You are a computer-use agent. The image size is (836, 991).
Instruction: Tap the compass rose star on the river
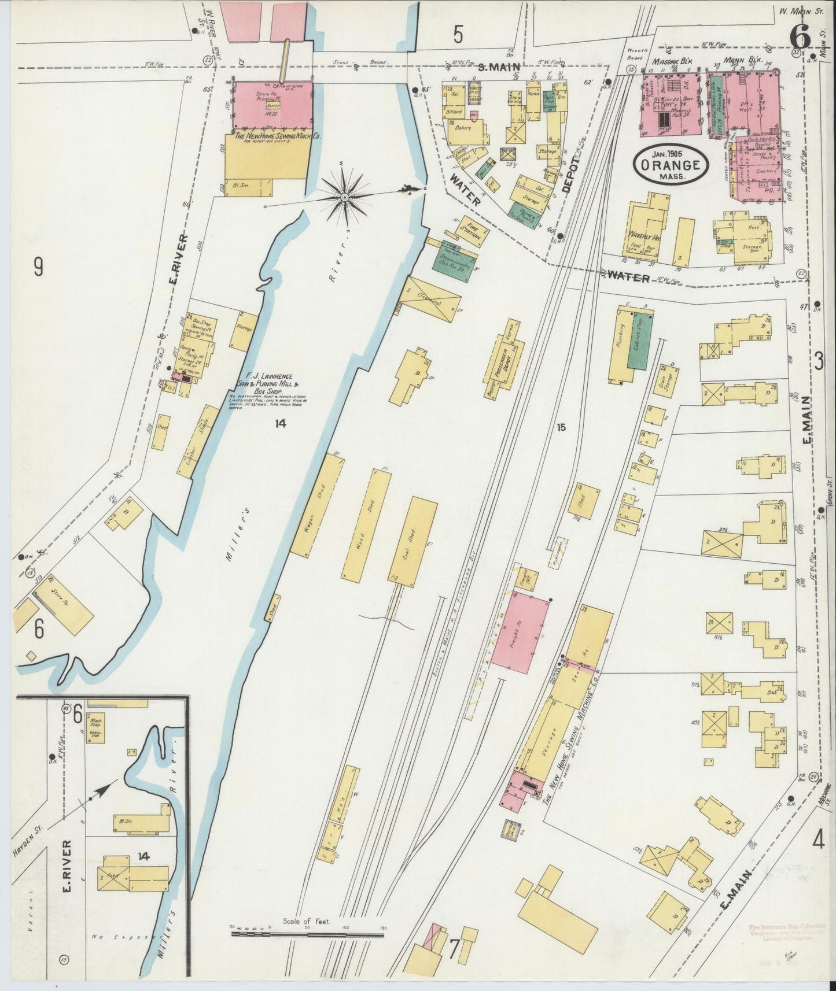pyautogui.click(x=344, y=198)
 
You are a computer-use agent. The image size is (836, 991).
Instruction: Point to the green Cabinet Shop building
pyautogui.click(x=640, y=341)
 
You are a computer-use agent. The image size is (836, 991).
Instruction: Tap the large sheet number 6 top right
pyautogui.click(x=800, y=39)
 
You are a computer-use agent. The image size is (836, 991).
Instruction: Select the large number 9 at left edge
pyautogui.click(x=38, y=267)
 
